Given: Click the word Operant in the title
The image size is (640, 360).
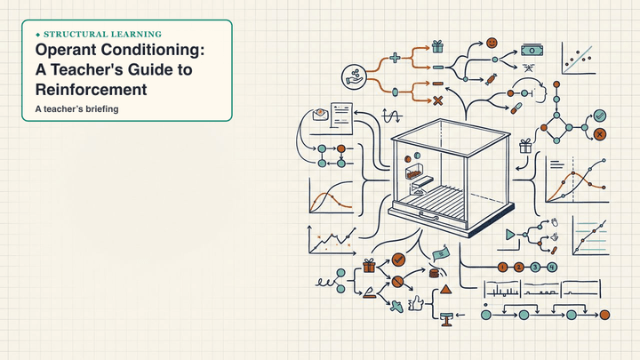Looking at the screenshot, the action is pyautogui.click(x=66, y=50).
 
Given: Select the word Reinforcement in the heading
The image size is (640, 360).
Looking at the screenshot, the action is pyautogui.click(x=91, y=90).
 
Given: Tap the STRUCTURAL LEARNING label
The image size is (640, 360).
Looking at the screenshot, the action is pyautogui.click(x=102, y=35).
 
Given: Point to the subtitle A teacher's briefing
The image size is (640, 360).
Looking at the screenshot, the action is pyautogui.click(x=76, y=109).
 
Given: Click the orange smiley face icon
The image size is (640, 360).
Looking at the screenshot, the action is pyautogui.click(x=492, y=43).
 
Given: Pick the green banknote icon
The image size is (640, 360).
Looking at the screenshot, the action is pyautogui.click(x=532, y=51).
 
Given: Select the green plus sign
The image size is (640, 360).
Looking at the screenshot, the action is pyautogui.click(x=395, y=58).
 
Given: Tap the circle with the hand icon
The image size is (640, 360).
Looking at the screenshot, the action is pyautogui.click(x=354, y=76).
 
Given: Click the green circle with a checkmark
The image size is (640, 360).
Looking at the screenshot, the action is pyautogui.click(x=600, y=116).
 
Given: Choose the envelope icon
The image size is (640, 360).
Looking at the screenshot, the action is pyautogui.click(x=321, y=114).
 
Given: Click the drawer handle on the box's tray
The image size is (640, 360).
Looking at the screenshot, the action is pyautogui.click(x=428, y=215).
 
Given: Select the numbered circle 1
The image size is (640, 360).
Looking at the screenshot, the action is pyautogui.click(x=502, y=268).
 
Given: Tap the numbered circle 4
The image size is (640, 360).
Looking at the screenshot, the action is pyautogui.click(x=551, y=268).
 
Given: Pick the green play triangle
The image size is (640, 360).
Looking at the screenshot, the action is pyautogui.click(x=510, y=235).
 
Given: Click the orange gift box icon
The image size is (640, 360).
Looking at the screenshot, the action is pyautogui.click(x=369, y=266).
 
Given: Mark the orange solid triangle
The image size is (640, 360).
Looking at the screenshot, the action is pyautogui.click(x=445, y=290).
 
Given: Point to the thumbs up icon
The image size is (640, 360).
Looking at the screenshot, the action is pyautogui.click(x=416, y=304).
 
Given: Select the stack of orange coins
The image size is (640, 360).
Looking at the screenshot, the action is pyautogui.click(x=435, y=273).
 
